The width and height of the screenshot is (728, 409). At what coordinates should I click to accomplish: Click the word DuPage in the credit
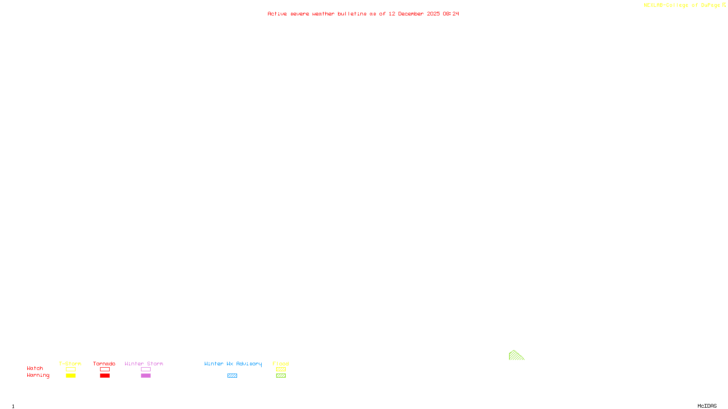(x=710, y=5)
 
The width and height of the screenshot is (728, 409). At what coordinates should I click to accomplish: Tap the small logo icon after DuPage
(x=724, y=5)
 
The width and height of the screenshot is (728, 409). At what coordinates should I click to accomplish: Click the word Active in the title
(x=277, y=14)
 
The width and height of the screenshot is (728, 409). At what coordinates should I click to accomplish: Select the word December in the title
(x=411, y=14)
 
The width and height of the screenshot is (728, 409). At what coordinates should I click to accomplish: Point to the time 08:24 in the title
(x=451, y=14)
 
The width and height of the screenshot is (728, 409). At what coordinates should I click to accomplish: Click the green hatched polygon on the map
(x=515, y=356)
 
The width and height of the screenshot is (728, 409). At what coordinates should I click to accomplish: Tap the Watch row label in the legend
(x=35, y=369)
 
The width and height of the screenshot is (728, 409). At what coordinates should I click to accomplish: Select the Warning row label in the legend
(x=38, y=375)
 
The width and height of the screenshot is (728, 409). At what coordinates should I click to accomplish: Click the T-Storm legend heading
(x=70, y=364)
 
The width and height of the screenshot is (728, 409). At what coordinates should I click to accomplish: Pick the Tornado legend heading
(x=104, y=364)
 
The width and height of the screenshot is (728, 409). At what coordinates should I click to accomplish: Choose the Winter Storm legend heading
(x=144, y=364)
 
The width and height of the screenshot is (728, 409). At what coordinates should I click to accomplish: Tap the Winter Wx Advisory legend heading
(x=233, y=364)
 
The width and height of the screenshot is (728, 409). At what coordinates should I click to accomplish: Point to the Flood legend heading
(x=281, y=364)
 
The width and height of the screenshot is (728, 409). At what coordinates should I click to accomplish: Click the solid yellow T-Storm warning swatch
(x=71, y=376)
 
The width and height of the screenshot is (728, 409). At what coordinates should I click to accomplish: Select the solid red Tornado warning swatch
(x=105, y=376)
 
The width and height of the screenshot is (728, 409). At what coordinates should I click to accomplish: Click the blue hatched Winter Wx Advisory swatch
(x=232, y=376)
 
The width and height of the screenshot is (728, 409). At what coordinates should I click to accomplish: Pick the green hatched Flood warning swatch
(x=281, y=376)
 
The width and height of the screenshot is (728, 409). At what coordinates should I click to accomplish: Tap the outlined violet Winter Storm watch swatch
(x=146, y=369)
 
